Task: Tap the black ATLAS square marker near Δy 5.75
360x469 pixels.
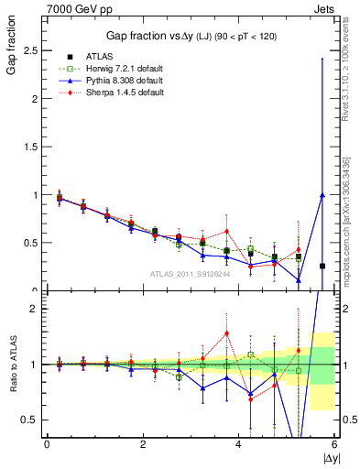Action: [322, 266]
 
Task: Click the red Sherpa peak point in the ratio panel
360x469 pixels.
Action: [226, 333]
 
